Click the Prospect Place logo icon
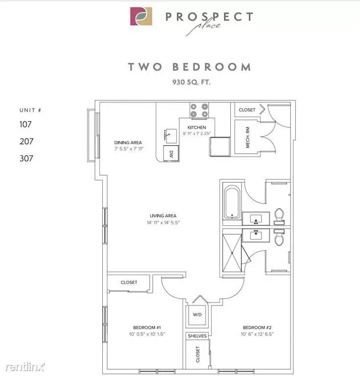(x=141, y=16)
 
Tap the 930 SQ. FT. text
(x=191, y=82)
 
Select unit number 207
(x=26, y=141)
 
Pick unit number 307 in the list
(x=26, y=158)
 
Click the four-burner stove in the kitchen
(x=199, y=110)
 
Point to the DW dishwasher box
(x=171, y=153)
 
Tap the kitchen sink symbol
(x=171, y=136)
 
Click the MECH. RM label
(x=247, y=137)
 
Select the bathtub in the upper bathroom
(x=232, y=203)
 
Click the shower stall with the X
(x=232, y=253)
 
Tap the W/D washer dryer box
(x=197, y=315)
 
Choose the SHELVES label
(x=197, y=336)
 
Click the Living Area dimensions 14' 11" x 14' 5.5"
(x=163, y=223)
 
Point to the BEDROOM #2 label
(x=257, y=328)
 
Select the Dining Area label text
(x=128, y=142)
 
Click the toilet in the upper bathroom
(x=279, y=216)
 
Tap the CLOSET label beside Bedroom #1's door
(x=129, y=282)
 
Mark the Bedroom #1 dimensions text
(x=147, y=334)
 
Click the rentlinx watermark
(x=25, y=367)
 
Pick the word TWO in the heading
(x=145, y=67)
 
